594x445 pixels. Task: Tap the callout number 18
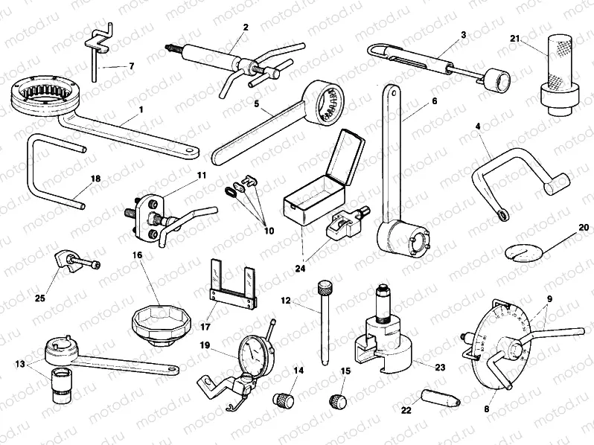click(x=95, y=179)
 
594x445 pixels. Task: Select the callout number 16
click(x=136, y=254)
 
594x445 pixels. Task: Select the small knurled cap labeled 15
click(x=337, y=401)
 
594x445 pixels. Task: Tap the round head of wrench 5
click(x=328, y=100)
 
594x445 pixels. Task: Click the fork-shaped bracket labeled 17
click(x=231, y=286)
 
